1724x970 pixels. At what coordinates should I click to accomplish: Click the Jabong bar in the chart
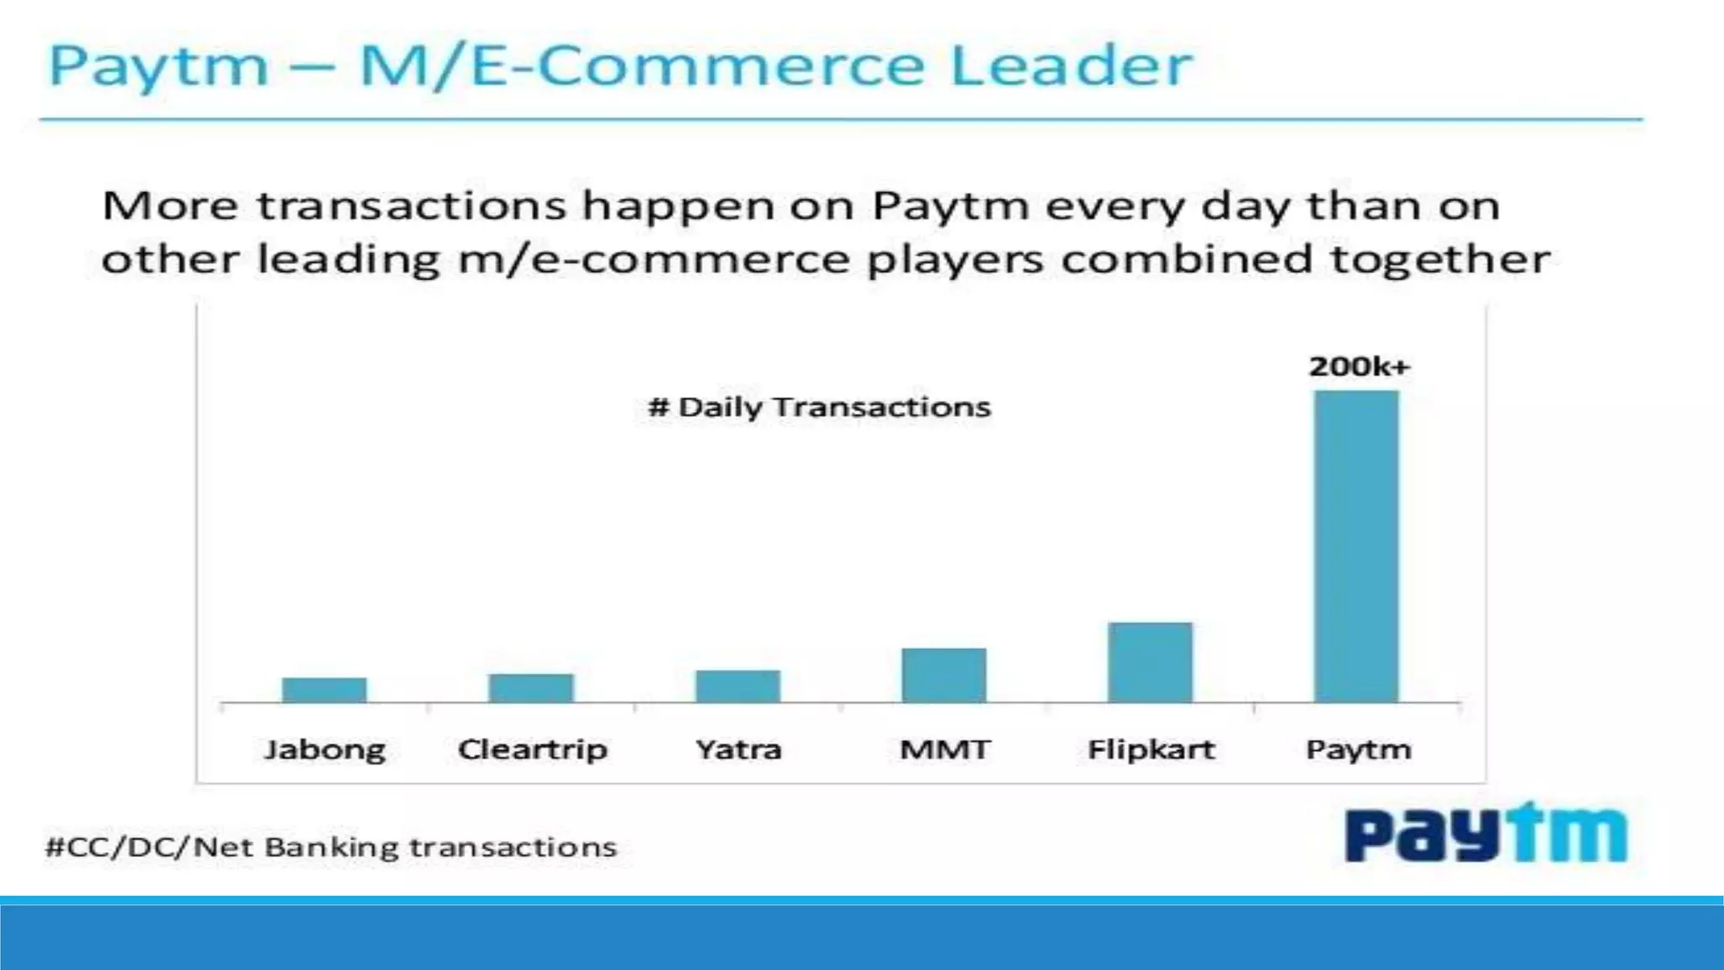tap(324, 690)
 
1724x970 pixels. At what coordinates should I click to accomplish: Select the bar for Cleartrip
tap(531, 688)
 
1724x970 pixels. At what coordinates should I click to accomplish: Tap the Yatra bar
tap(737, 686)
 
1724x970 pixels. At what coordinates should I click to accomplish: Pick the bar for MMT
tap(944, 675)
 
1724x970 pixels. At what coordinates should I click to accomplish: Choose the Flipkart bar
tap(1150, 662)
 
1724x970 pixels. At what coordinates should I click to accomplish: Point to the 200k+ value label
tap(1359, 366)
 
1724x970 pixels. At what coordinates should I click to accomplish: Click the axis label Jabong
tap(325, 749)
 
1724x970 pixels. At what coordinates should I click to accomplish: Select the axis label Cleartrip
tap(532, 749)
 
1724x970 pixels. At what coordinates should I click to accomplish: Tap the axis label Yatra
tap(738, 749)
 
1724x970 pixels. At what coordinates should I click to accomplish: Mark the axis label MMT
tap(944, 749)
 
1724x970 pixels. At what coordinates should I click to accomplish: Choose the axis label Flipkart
tap(1151, 749)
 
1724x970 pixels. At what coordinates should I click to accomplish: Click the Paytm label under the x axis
tap(1358, 749)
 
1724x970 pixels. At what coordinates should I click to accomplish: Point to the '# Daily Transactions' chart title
tap(819, 408)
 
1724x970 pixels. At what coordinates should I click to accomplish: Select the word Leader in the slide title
tap(1072, 66)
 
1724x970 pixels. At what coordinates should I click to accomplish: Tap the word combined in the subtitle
tap(1186, 258)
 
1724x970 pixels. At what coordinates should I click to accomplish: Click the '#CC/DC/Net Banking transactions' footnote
tap(331, 846)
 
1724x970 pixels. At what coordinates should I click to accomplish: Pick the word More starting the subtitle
tap(170, 206)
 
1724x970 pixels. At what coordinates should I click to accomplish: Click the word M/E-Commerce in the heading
tap(642, 66)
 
